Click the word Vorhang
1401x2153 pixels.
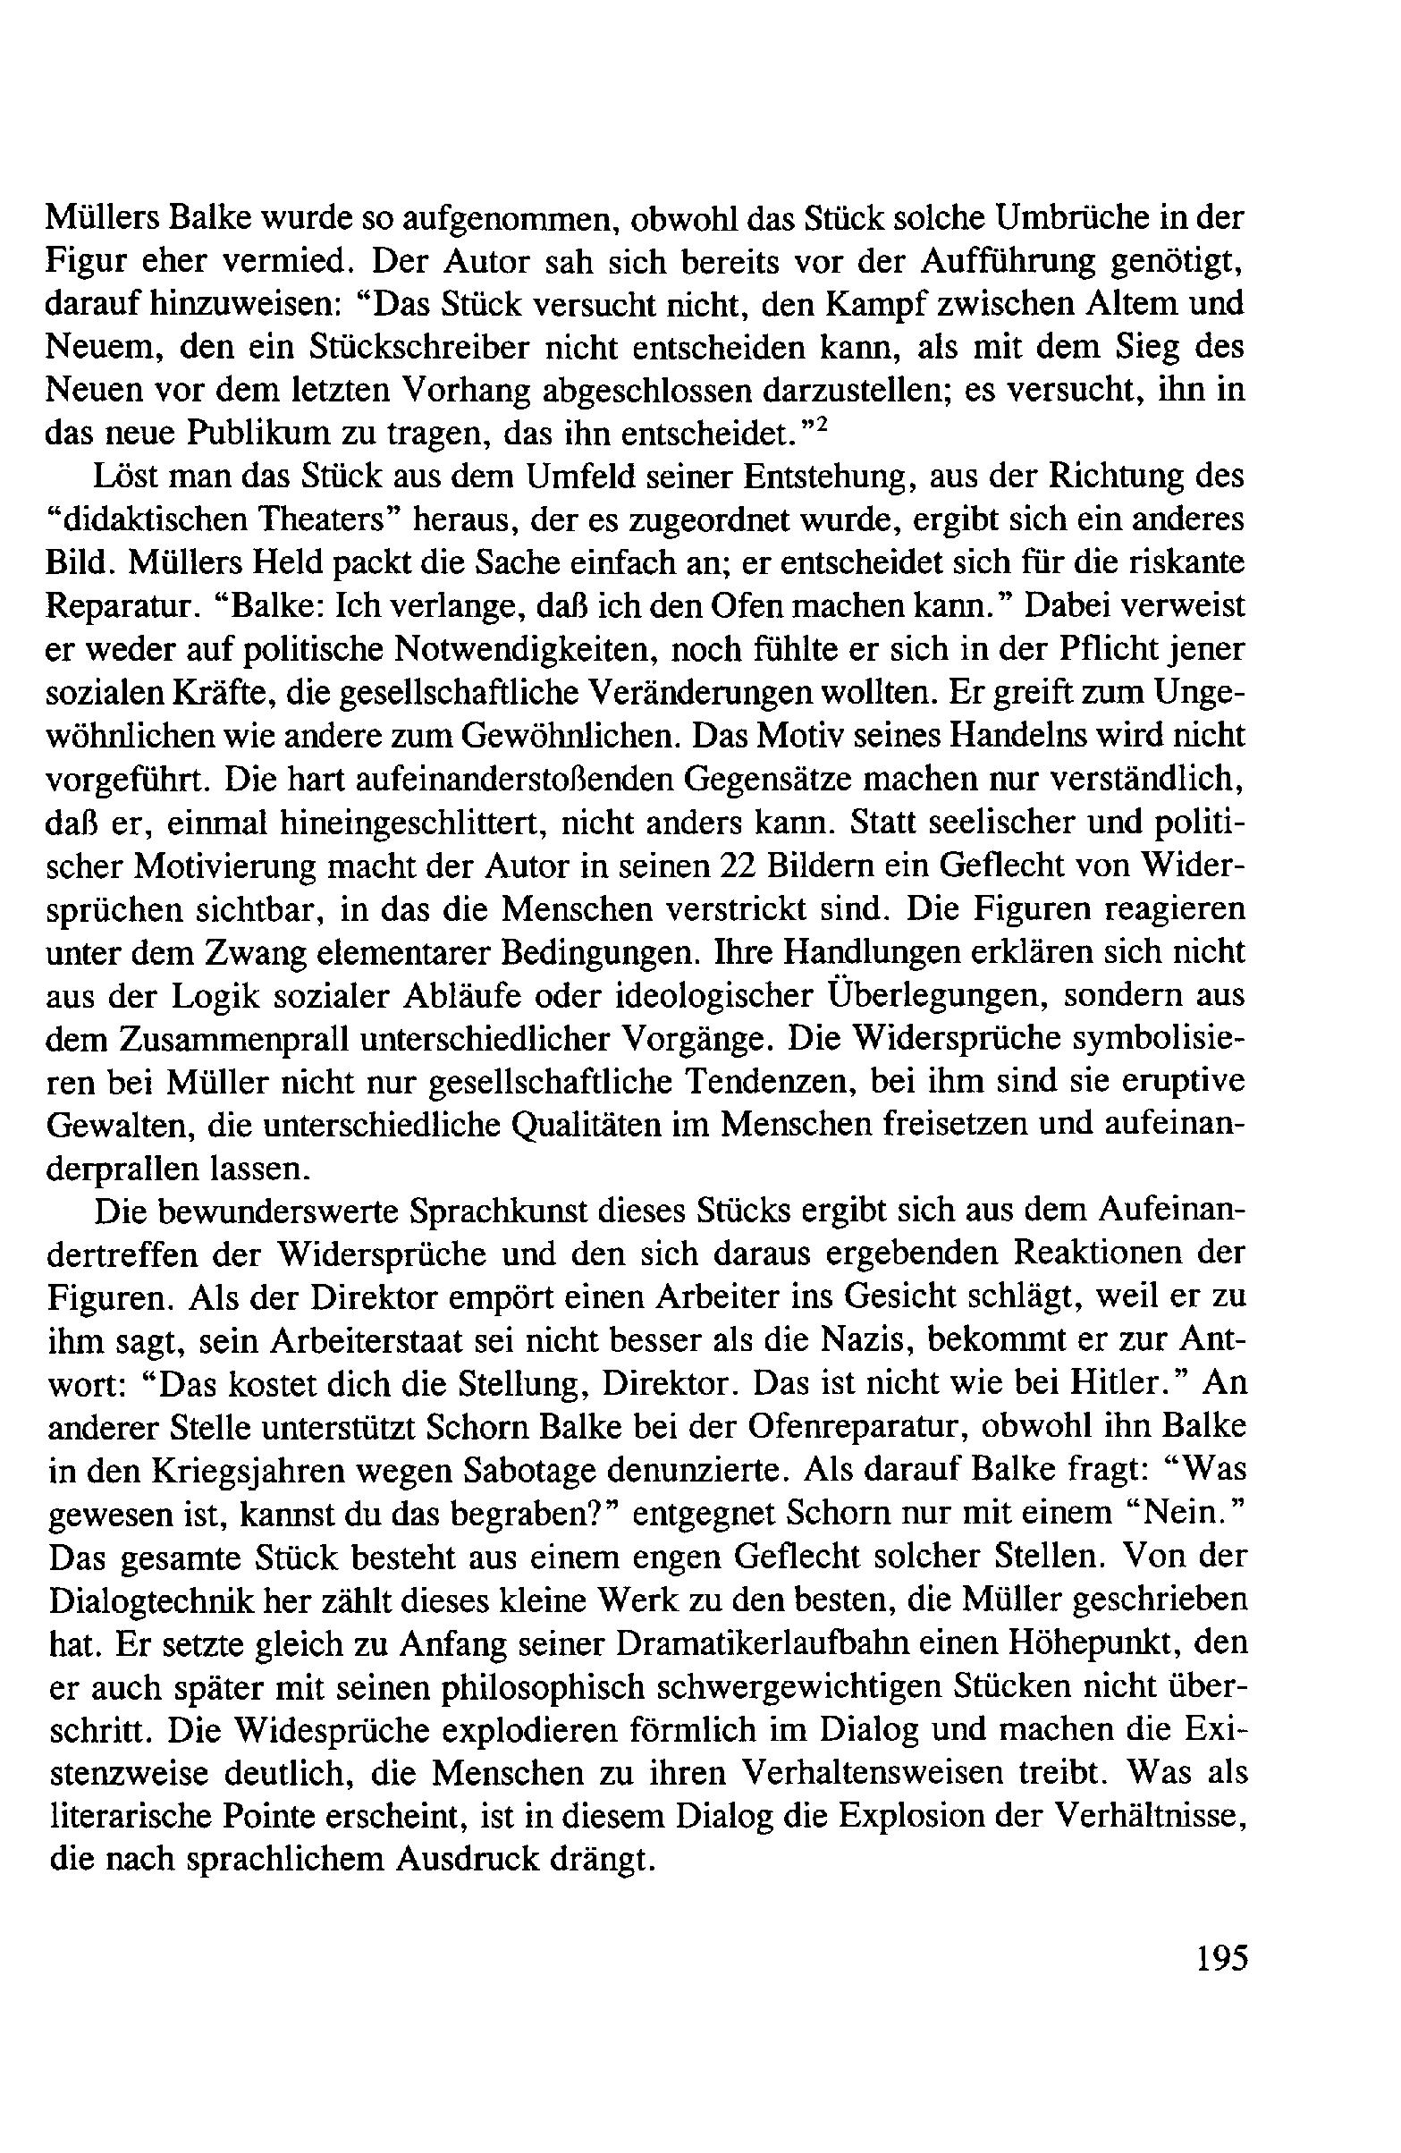(465, 391)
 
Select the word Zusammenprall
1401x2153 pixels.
(227, 1040)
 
